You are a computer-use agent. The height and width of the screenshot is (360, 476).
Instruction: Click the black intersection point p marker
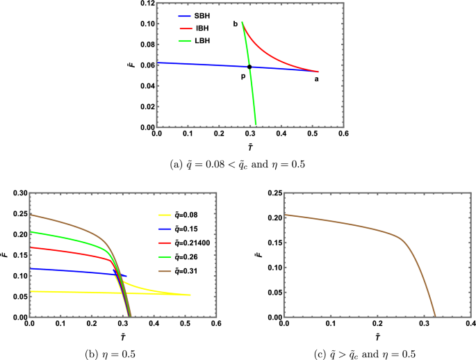[249, 67]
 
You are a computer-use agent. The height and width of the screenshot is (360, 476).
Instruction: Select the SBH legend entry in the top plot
[195, 14]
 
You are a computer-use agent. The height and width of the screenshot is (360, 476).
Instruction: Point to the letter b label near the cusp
[235, 24]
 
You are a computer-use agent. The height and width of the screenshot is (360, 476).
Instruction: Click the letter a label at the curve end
[317, 79]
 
